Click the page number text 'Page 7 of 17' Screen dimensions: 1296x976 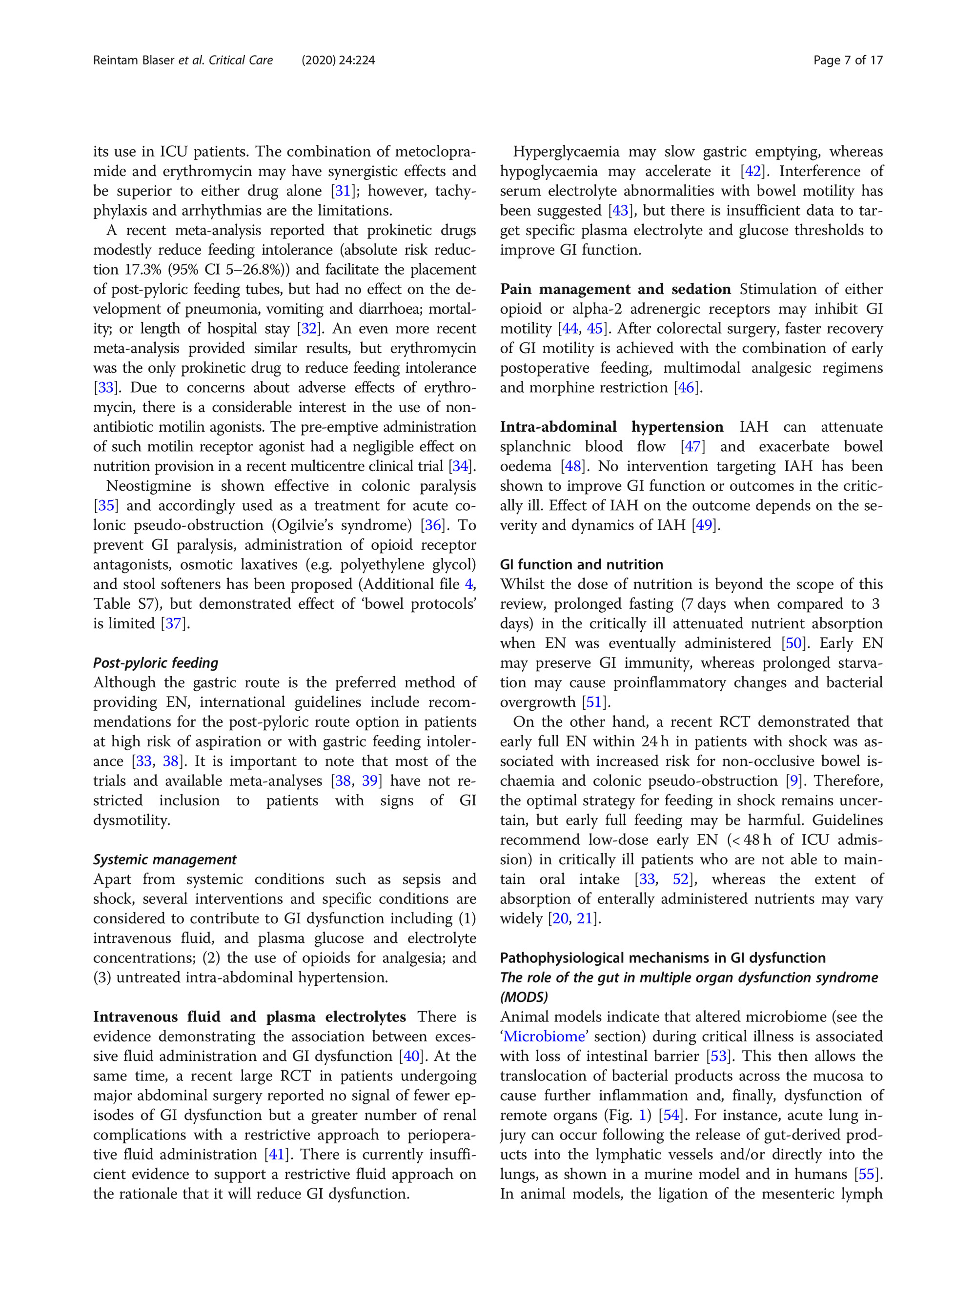(x=847, y=60)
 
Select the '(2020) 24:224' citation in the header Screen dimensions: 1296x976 (x=338, y=60)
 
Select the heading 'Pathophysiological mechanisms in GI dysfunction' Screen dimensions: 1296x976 (x=662, y=958)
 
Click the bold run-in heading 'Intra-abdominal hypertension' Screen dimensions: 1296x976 (x=611, y=426)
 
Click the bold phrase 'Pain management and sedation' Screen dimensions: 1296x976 (x=615, y=289)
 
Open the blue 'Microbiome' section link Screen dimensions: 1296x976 (x=544, y=1037)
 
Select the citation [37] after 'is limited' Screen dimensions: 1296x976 (x=174, y=623)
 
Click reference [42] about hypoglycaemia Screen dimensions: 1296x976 (x=752, y=171)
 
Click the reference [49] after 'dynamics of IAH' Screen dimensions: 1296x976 (x=703, y=525)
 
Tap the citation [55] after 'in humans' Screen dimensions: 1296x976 (x=866, y=1174)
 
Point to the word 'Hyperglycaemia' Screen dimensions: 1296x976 (x=566, y=152)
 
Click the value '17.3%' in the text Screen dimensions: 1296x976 (x=142, y=270)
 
